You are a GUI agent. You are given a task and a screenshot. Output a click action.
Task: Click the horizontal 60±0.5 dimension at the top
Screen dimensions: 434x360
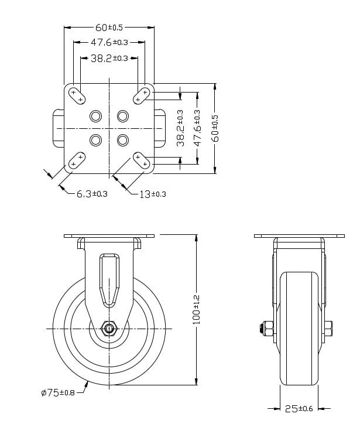(x=109, y=27)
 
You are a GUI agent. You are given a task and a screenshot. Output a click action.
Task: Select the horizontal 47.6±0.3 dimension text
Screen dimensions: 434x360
(x=109, y=42)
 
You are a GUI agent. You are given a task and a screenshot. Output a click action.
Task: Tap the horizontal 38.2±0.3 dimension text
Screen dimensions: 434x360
(x=109, y=58)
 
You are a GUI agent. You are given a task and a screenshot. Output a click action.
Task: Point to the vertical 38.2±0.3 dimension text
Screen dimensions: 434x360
(x=180, y=128)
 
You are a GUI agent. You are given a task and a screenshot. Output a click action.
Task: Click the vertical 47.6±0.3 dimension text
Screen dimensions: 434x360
(x=197, y=128)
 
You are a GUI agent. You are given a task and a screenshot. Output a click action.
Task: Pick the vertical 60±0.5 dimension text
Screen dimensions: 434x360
(x=215, y=128)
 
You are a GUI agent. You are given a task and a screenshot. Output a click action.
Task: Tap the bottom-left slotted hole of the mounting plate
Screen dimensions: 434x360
(x=77, y=159)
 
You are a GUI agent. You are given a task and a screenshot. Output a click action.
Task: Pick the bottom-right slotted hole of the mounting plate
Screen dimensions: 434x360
(x=141, y=159)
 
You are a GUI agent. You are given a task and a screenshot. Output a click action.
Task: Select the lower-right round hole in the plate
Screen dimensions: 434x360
(x=122, y=140)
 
